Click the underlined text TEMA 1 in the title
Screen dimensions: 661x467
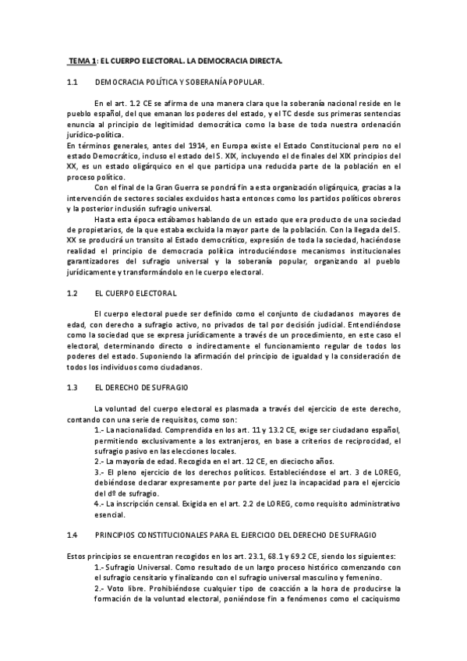click(x=82, y=60)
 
